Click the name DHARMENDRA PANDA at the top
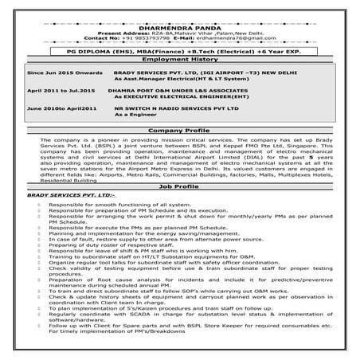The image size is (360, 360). pyautogui.click(x=179, y=25)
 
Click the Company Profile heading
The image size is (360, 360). pyautogui.click(x=179, y=129)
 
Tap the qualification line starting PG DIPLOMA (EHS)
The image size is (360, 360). pyautogui.click(x=179, y=49)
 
